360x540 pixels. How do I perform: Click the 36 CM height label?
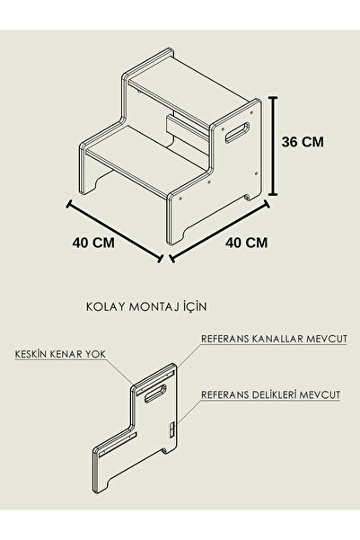coord(303,142)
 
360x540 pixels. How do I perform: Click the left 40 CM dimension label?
coord(93,243)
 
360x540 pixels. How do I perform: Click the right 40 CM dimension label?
coord(246,243)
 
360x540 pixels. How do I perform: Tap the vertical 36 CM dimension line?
coord(273,146)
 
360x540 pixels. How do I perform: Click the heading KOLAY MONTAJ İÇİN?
coord(146,306)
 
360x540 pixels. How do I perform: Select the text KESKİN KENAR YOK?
coord(60,354)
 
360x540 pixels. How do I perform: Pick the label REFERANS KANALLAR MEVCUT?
coord(274,339)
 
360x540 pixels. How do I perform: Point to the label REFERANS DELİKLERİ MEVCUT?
coord(270,394)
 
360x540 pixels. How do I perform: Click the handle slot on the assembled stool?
coord(238,133)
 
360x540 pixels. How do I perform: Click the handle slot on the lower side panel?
coord(155,394)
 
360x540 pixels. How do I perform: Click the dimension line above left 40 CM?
coord(114,232)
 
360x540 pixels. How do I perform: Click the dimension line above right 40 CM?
coord(219,232)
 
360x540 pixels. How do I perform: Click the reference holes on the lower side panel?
coord(171,430)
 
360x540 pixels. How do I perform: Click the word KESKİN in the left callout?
coord(31,354)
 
